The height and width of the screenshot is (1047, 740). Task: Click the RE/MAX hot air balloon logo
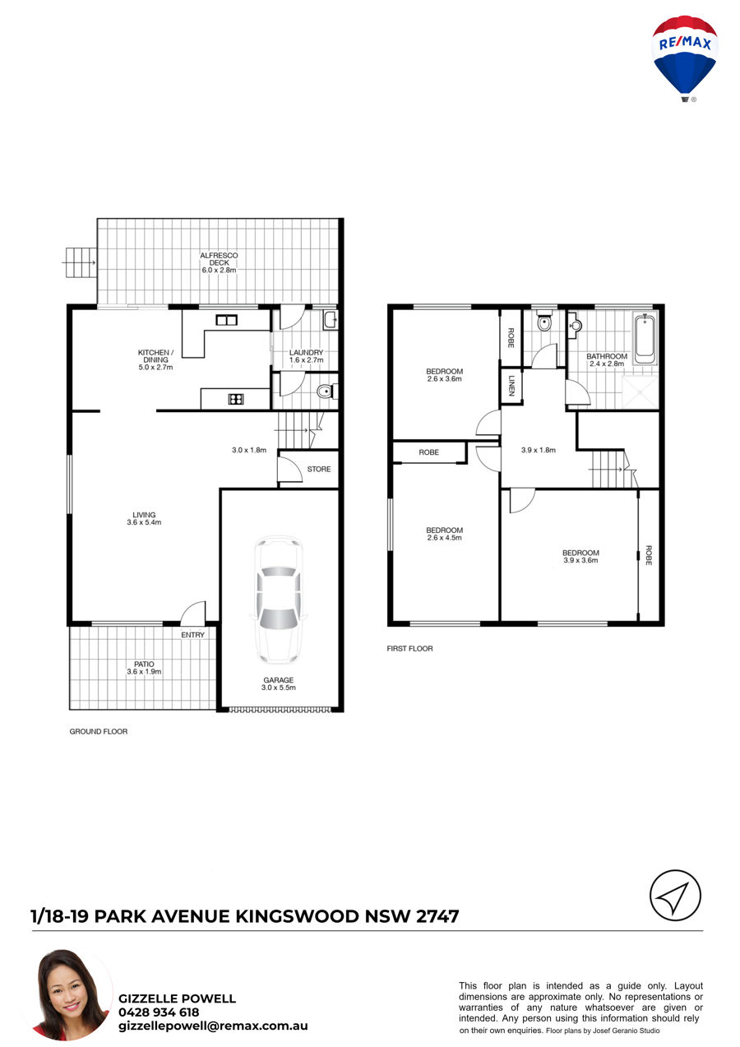pos(685,58)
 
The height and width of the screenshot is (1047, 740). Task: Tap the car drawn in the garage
pos(279,600)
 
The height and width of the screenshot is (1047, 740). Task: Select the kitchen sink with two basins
pos(227,320)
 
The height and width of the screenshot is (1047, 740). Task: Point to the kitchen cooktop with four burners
pos(236,399)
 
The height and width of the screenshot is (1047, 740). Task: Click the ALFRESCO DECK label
pos(219,259)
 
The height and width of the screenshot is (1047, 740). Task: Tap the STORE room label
pos(319,469)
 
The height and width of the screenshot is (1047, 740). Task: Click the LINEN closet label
pos(511,386)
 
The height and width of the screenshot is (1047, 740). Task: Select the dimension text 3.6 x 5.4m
pos(144,522)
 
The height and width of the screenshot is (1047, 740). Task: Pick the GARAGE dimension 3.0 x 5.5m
pos(279,687)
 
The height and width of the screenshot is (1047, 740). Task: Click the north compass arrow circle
pos(675,895)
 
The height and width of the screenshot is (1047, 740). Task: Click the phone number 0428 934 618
pos(159,1012)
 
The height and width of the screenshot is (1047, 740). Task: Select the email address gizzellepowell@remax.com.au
pos(213,1026)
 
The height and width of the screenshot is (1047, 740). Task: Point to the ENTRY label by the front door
pos(193,635)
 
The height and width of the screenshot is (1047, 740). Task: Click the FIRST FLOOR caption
pos(409,648)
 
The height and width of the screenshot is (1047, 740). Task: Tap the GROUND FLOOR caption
pos(99,731)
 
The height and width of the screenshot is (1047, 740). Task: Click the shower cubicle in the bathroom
pos(640,391)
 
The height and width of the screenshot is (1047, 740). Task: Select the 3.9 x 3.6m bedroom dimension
pos(580,560)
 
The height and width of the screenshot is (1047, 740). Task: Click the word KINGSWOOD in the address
pos(297,915)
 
